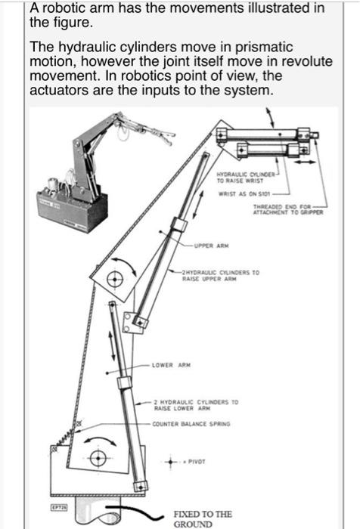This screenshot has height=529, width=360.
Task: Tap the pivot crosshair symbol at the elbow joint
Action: click(114, 278)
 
